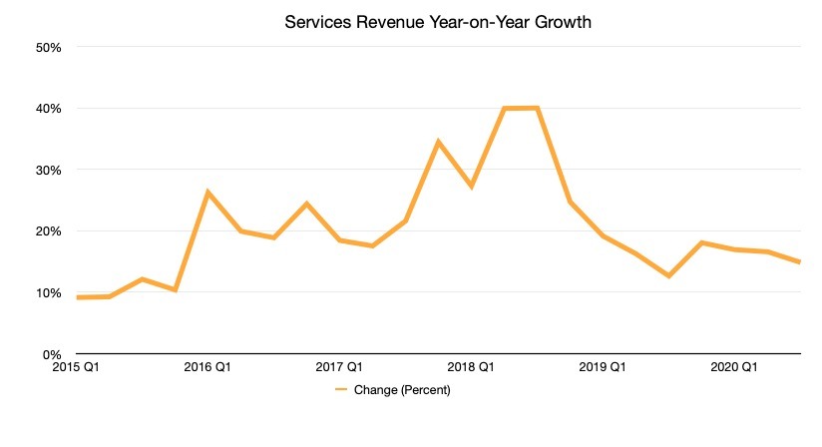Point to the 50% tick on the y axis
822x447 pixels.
pyautogui.click(x=49, y=47)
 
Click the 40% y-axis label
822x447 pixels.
pyautogui.click(x=49, y=109)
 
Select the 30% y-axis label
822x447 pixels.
pyautogui.click(x=49, y=170)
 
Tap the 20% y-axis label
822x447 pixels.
pyautogui.click(x=49, y=231)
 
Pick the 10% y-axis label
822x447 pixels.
pyautogui.click(x=49, y=293)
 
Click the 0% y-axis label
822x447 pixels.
pyautogui.click(x=52, y=354)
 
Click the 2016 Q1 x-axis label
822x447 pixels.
pyautogui.click(x=207, y=367)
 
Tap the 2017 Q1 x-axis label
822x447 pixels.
pyautogui.click(x=339, y=367)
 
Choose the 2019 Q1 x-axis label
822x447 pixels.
pyautogui.click(x=603, y=367)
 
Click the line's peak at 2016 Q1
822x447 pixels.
pyautogui.click(x=207, y=192)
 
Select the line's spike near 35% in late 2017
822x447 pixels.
pyautogui.click(x=438, y=142)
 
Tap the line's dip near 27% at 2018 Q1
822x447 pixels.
pyautogui.click(x=471, y=187)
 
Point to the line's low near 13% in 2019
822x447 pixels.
pyautogui.click(x=668, y=275)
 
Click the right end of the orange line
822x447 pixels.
pyautogui.click(x=800, y=262)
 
